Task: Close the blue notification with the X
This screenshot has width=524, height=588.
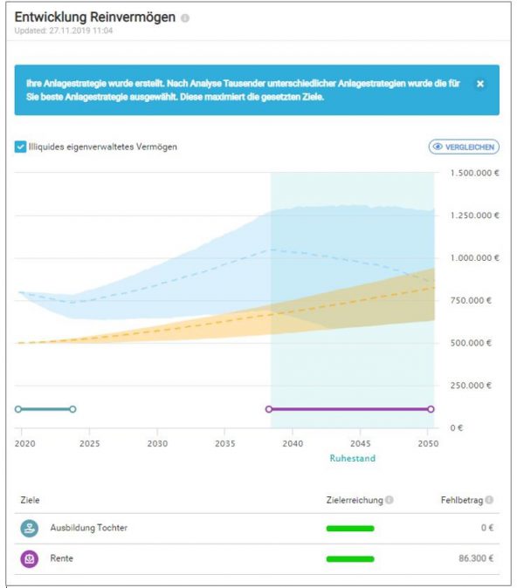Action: [479, 84]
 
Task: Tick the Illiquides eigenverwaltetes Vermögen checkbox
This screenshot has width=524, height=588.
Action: [20, 147]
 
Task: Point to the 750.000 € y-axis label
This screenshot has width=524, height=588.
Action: [472, 300]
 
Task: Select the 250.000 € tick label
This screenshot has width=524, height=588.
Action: [472, 386]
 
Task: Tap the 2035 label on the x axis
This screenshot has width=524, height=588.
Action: [224, 443]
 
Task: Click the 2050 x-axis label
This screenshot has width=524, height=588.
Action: [426, 443]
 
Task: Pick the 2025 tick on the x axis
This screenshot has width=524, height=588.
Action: [90, 443]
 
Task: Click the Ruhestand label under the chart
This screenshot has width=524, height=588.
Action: [352, 457]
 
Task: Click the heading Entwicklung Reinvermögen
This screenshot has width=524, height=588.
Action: [95, 17]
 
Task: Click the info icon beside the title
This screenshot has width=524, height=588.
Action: [185, 18]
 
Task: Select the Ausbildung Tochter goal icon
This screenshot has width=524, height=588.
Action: [30, 528]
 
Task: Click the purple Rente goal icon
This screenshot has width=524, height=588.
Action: [30, 558]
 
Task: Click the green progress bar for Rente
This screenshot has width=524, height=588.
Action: [349, 558]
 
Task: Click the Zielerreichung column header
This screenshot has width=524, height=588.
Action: [354, 500]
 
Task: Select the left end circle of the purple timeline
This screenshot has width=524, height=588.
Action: [269, 408]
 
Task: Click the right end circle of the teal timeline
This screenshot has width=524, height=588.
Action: [72, 408]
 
